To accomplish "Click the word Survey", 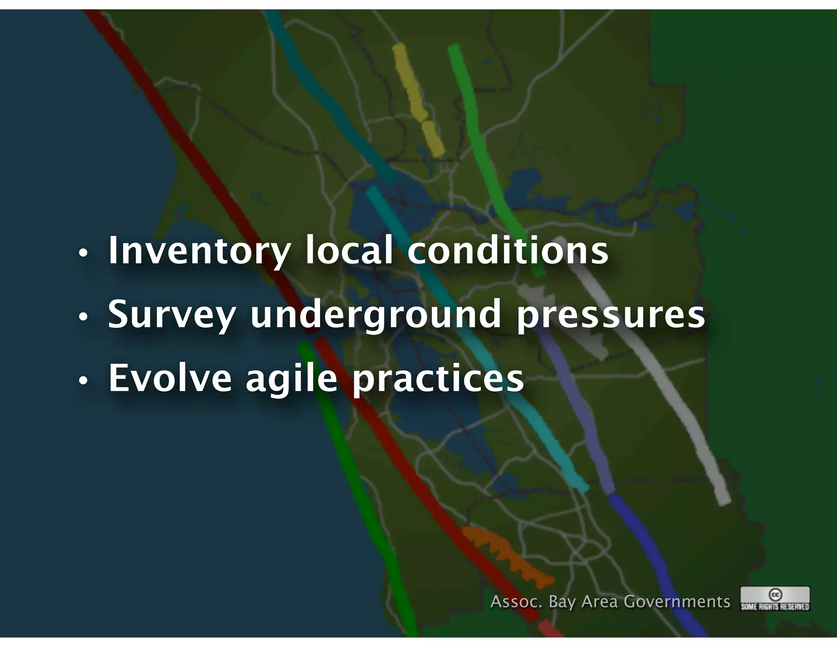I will click(172, 314).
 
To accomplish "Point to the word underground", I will click(376, 314).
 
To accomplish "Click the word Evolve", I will click(170, 378).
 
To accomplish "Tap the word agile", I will click(291, 379).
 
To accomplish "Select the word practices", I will click(438, 379).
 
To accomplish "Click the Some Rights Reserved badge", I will click(775, 599).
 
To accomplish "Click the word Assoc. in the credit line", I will click(516, 602).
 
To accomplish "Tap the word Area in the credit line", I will click(600, 602).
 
